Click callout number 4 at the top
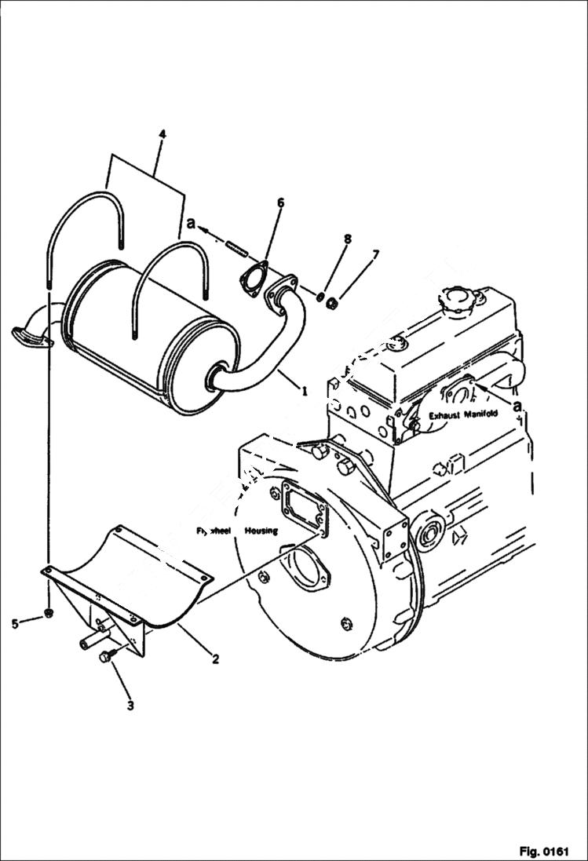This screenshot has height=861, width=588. click(162, 134)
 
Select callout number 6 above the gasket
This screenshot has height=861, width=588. click(280, 202)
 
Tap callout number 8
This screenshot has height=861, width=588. click(348, 239)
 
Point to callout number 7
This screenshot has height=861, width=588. click(376, 254)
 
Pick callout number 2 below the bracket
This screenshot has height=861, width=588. click(214, 659)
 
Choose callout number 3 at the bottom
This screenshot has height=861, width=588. click(130, 706)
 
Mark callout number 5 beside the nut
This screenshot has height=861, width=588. click(14, 623)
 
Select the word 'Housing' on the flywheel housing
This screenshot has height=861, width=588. click(260, 531)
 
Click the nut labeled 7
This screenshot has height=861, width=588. click(332, 302)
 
